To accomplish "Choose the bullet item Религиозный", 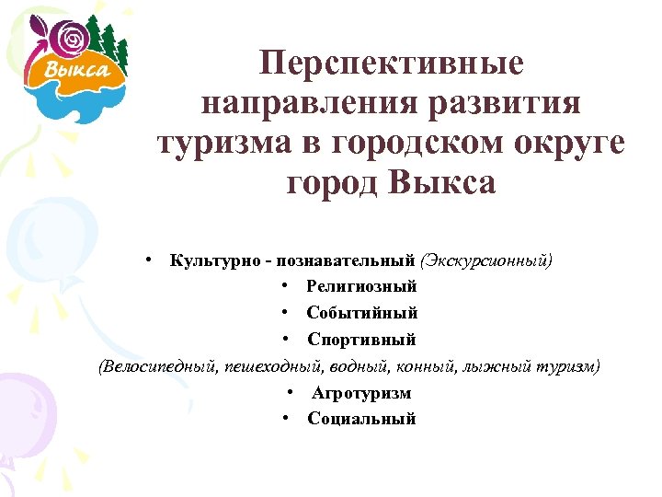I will (361, 287).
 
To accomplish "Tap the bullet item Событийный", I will (361, 314).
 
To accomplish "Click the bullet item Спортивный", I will (361, 340).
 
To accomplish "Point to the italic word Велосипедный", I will (155, 366).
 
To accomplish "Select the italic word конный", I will (418, 366).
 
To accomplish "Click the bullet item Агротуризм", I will (361, 393).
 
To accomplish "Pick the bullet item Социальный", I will (361, 419).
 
